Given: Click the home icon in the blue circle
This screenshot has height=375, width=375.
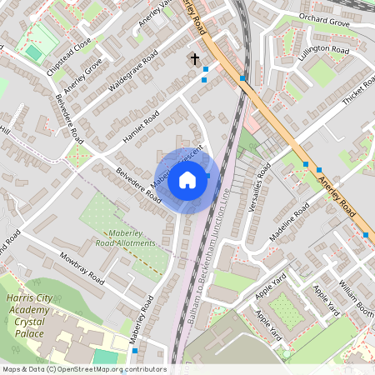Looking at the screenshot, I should tap(187, 181).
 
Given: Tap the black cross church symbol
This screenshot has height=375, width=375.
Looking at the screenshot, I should tap(195, 58).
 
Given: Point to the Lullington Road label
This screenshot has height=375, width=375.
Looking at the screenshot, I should tap(325, 49).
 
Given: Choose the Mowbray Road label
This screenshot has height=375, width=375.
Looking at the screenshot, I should tap(80, 267).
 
